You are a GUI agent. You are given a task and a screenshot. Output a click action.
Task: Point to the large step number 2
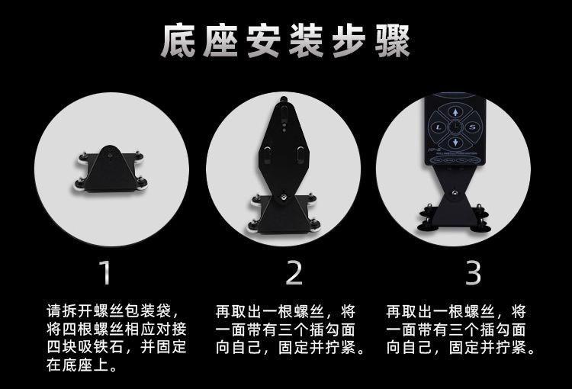click(x=294, y=272)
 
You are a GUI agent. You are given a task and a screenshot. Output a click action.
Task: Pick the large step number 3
click(x=474, y=272)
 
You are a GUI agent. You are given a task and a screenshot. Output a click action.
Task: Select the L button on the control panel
click(x=437, y=127)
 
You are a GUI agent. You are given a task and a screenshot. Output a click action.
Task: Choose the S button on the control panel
click(x=471, y=127)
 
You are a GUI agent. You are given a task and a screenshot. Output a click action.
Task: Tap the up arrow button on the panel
click(x=455, y=110)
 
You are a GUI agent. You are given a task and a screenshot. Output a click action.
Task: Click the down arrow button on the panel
click(x=455, y=143)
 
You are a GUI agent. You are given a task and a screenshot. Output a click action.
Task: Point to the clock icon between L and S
click(x=455, y=127)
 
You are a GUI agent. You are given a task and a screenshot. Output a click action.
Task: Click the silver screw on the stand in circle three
click(x=456, y=194)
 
